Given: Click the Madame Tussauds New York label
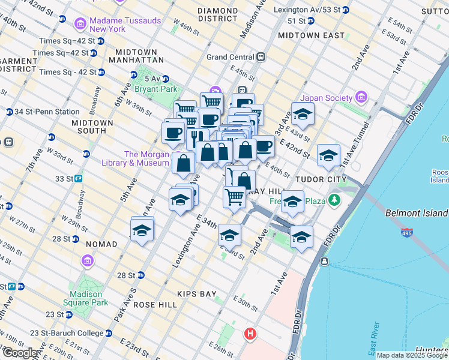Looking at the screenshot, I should (125, 25).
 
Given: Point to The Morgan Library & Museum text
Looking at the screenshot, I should (147, 158).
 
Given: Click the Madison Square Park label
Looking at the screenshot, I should (89, 298).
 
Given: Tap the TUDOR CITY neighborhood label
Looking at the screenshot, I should (320, 179).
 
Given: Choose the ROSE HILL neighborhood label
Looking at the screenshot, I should (155, 305).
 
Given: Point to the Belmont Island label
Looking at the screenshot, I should (416, 213).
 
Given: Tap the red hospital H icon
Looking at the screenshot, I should (250, 333).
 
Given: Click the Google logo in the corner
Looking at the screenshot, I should (20, 353).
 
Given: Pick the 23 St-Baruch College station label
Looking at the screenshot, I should (59, 333).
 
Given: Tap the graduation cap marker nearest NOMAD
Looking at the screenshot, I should (142, 230).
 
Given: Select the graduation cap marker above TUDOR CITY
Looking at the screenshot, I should (328, 157).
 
